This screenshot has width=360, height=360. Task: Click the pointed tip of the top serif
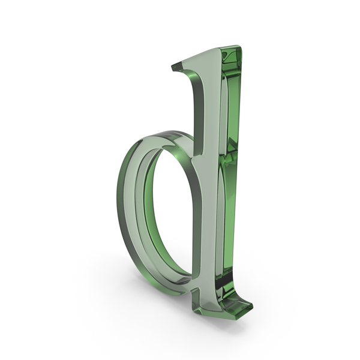point(172,67)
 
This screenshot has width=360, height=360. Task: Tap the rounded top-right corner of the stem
point(239,47)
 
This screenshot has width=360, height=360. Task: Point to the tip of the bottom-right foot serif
point(252,305)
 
